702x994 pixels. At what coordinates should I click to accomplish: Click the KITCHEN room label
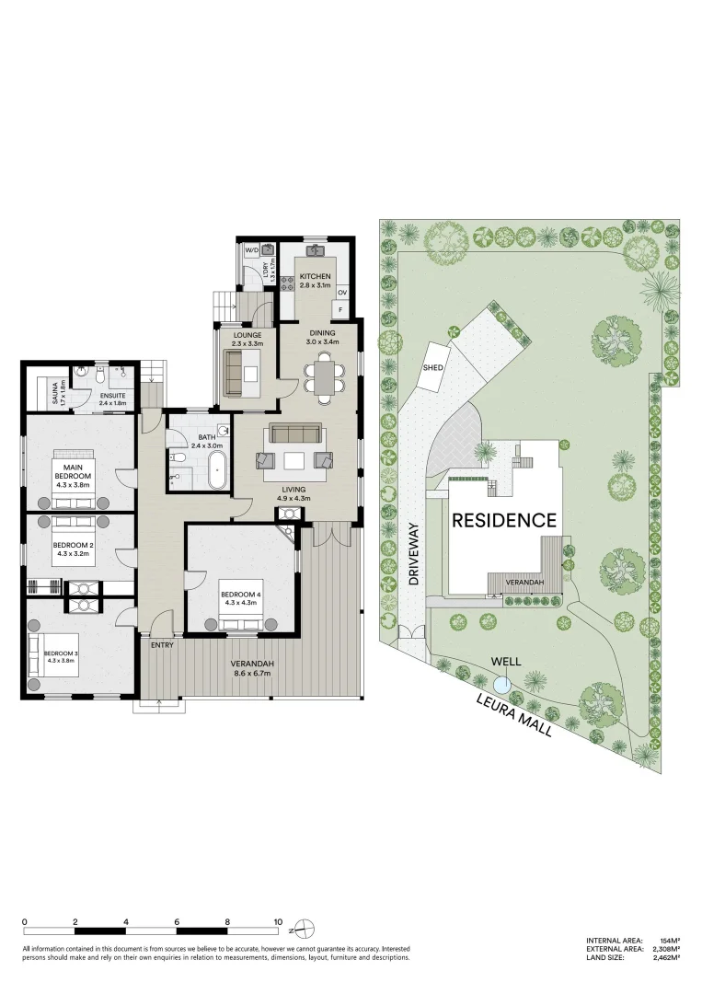pyautogui.click(x=315, y=276)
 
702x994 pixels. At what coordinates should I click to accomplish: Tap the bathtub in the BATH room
pyautogui.click(x=217, y=469)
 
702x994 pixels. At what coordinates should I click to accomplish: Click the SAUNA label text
pyautogui.click(x=56, y=394)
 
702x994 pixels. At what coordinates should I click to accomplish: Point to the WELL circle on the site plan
pyautogui.click(x=501, y=684)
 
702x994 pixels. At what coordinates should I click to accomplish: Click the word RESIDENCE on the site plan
pyautogui.click(x=503, y=520)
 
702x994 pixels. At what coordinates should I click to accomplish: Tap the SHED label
pyautogui.click(x=432, y=367)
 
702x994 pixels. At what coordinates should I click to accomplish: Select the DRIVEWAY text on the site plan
pyautogui.click(x=414, y=556)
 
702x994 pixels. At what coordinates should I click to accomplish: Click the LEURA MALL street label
pyautogui.click(x=514, y=715)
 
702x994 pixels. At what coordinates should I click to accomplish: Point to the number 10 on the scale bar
pyautogui.click(x=277, y=921)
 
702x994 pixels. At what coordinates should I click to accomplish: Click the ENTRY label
pyautogui.click(x=162, y=645)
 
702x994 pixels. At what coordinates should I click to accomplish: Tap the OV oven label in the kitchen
pyautogui.click(x=341, y=293)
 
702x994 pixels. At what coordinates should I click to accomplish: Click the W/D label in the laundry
pyautogui.click(x=251, y=250)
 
